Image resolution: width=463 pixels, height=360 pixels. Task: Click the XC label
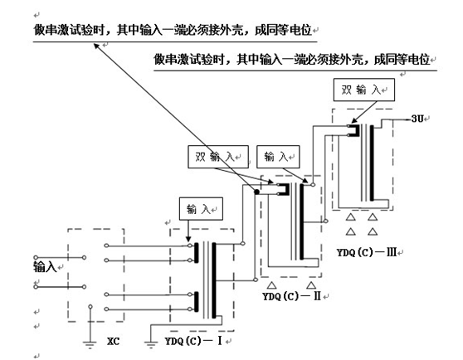[116, 339]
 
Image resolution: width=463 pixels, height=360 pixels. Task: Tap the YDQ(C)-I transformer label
[193, 339]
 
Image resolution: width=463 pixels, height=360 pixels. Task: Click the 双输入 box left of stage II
[217, 154]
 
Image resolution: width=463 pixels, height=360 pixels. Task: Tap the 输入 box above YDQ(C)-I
[197, 207]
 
